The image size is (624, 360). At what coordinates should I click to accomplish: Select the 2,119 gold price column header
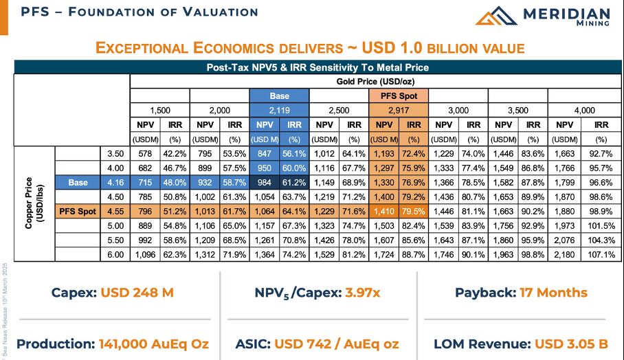[x=279, y=110]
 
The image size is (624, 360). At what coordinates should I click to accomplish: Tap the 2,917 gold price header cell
[x=399, y=110]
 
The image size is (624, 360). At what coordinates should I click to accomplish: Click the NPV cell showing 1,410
[x=384, y=211]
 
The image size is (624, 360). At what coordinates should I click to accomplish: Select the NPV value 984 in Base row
[x=265, y=182]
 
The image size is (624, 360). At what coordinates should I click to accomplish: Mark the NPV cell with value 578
[x=145, y=153]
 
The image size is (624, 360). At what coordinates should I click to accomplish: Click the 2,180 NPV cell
[x=565, y=254]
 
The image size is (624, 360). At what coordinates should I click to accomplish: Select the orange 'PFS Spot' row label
[x=76, y=211]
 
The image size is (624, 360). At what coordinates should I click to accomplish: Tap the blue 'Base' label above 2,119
[x=279, y=95]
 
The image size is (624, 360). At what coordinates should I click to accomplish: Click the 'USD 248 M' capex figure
[x=137, y=293]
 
